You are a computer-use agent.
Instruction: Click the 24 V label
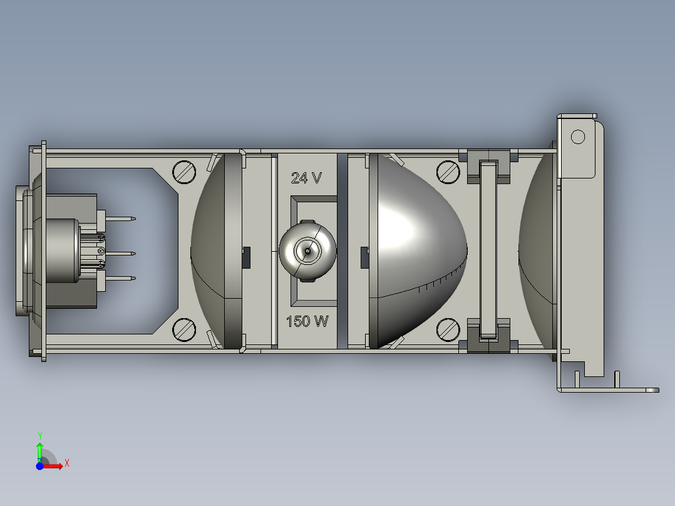coord(306,178)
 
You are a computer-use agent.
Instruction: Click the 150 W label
coord(307,322)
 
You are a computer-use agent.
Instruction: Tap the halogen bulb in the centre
coord(307,249)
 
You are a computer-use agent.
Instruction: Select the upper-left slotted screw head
coord(184,172)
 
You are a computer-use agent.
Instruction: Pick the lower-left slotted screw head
coord(184,329)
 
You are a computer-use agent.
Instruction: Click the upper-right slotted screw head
coord(448,172)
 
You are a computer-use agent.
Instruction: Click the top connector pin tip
coord(133,219)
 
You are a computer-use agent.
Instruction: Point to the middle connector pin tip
coord(133,253)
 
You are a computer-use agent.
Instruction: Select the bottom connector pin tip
coord(133,278)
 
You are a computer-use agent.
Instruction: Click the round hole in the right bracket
coord(577,136)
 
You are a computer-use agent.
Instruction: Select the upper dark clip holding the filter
coord(488,167)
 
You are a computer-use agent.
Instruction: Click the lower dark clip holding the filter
coord(488,335)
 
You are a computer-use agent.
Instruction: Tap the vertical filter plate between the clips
coord(488,250)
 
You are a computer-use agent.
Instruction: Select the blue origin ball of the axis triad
coord(39,466)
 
